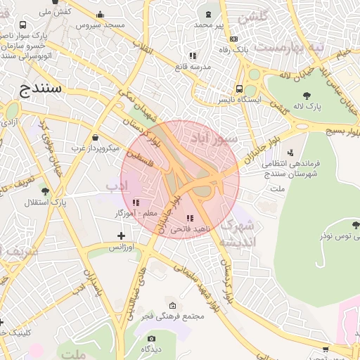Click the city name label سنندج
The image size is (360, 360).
tap(38, 89)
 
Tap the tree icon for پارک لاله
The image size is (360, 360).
tap(306, 95)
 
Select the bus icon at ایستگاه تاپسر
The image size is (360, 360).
tap(240, 89)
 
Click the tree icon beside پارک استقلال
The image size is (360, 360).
tap(46, 191)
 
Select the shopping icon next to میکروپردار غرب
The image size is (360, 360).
tap(96, 137)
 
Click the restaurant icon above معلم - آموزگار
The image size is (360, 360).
tap(136, 202)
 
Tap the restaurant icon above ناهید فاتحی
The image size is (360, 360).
tap(189, 218)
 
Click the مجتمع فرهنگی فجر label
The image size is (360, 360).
tap(172, 316)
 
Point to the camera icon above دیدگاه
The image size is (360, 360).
tap(151, 338)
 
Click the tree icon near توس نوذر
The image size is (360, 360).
tap(356, 225)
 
